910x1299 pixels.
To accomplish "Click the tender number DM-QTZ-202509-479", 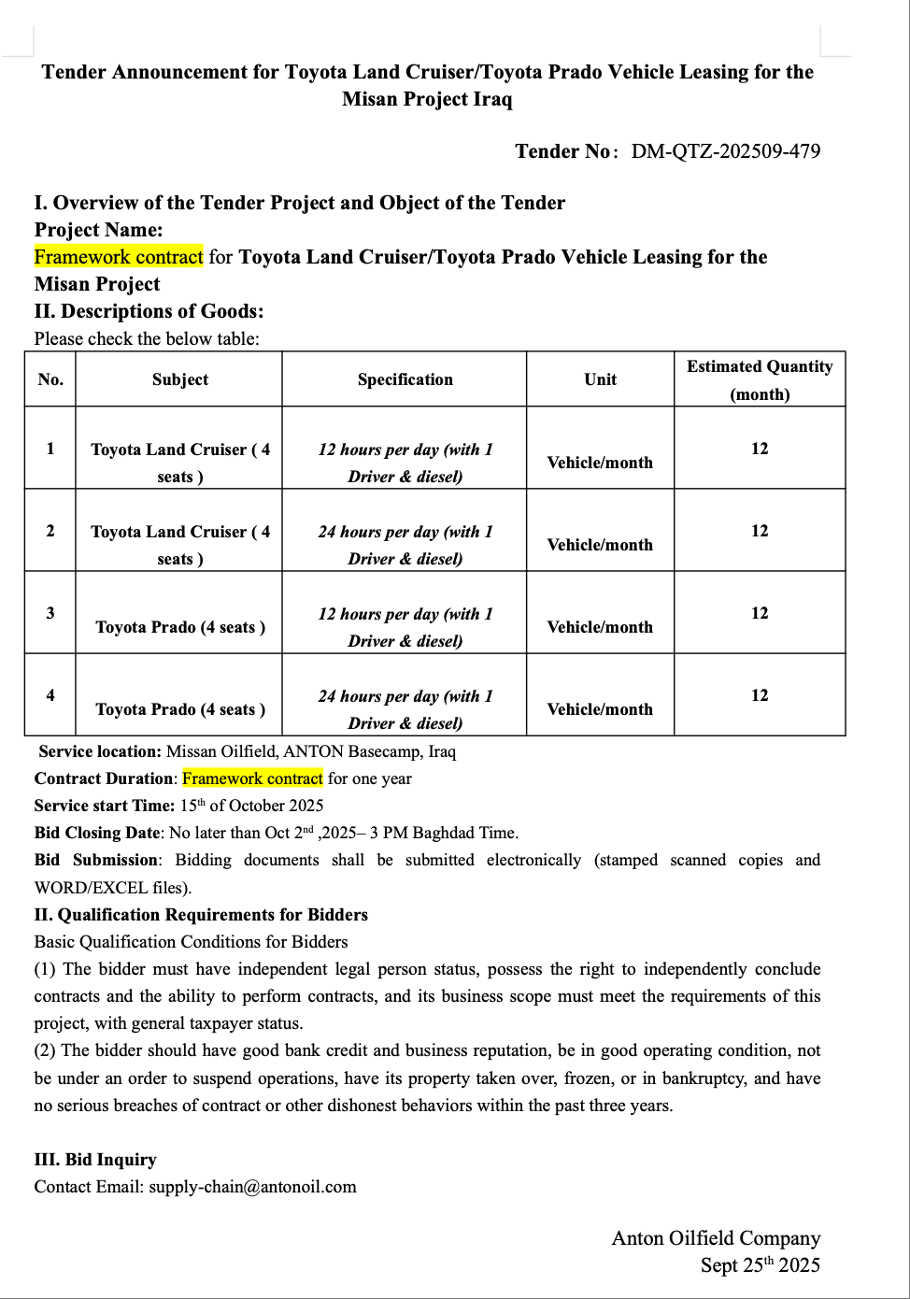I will pos(725,151).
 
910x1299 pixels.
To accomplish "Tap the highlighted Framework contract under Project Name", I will pos(119,257).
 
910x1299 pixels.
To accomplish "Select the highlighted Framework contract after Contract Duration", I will pos(252,778).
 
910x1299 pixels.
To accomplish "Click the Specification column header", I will pos(405,379).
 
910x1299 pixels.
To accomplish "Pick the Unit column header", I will pos(600,379).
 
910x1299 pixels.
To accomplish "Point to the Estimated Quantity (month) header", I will pos(760,379).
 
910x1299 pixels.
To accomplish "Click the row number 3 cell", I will pos(50,613).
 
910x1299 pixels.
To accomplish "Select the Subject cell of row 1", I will pos(180,463).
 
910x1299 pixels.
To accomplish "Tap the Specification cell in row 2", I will pos(405,545).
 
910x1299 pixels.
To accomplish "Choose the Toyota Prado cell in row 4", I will pos(180,709).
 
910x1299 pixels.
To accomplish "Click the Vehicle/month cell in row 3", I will pos(600,627).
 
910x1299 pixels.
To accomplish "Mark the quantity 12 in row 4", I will pos(760,695).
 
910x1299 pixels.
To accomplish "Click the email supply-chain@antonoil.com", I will pos(252,1187).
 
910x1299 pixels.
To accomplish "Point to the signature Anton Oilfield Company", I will pos(716,1238).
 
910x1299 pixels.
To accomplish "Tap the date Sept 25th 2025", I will pos(760,1265).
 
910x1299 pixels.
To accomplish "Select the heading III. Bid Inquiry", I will pos(95,1160).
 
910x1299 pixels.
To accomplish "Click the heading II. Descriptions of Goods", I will pos(149,311).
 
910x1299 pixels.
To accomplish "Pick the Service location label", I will pos(100,751).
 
